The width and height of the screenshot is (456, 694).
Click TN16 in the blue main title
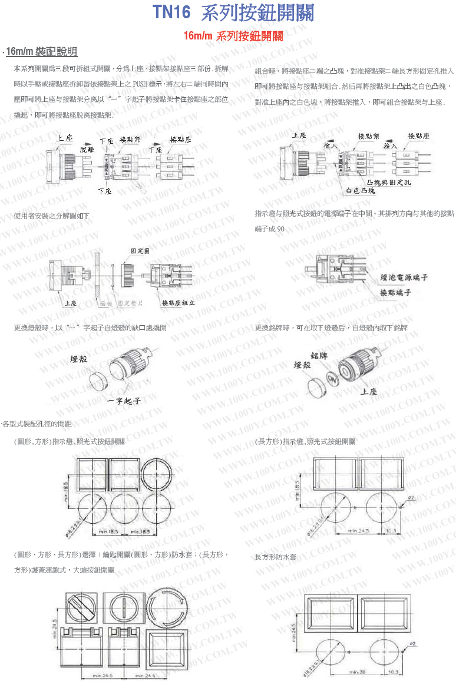pyautogui.click(x=171, y=13)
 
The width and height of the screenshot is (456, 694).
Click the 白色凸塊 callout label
pyautogui.click(x=361, y=190)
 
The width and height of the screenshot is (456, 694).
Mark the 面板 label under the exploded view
pyautogui.click(x=106, y=303)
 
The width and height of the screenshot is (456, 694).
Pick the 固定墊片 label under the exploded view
pyautogui.click(x=130, y=303)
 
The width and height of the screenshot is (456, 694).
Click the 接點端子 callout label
pyautogui.click(x=395, y=292)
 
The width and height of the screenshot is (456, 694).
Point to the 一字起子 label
pyautogui.click(x=124, y=401)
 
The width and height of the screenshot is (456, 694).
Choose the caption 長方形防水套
pyautogui.click(x=275, y=557)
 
